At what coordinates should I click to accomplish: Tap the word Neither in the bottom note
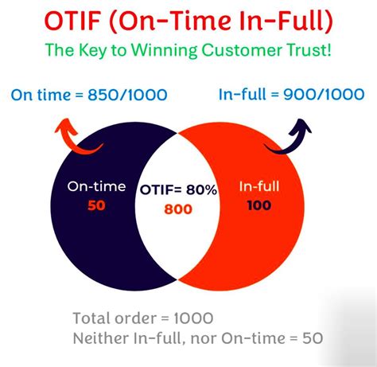click(x=100, y=338)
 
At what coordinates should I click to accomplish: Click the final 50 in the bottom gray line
click(x=313, y=338)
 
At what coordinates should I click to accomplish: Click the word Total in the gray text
click(x=91, y=315)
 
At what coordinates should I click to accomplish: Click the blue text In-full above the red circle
click(x=239, y=96)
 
